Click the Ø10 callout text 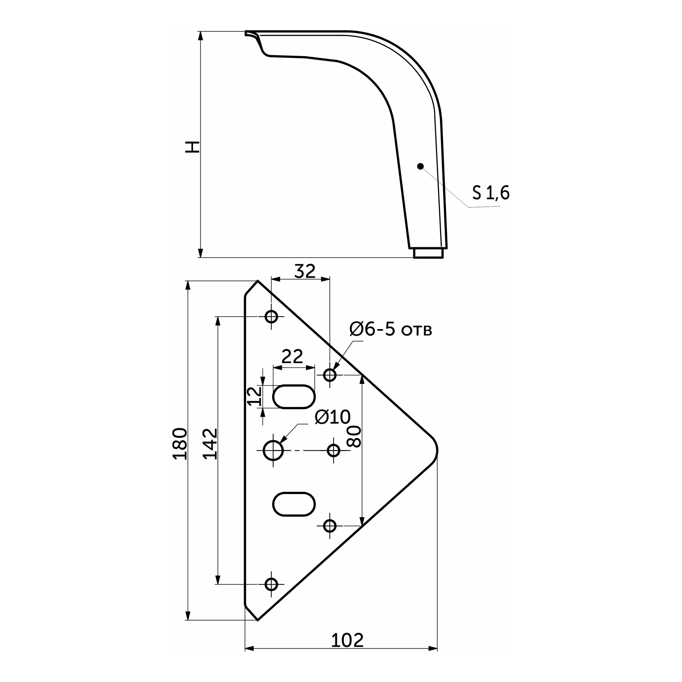(x=333, y=417)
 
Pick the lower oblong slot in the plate (x=294, y=504)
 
